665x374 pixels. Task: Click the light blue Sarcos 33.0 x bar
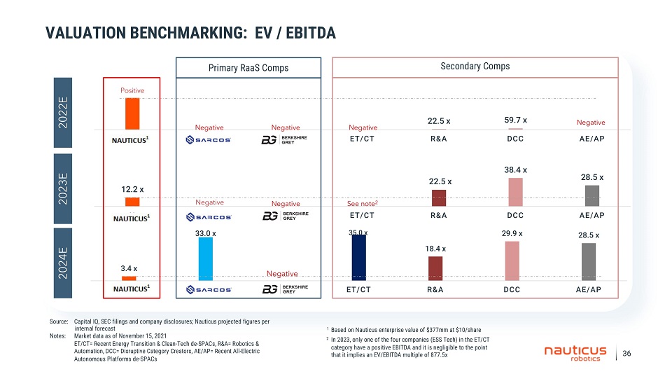click(205, 258)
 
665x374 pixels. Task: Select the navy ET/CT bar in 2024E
click(358, 257)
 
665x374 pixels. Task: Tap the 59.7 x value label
click(515, 120)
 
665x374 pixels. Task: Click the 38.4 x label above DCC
click(515, 169)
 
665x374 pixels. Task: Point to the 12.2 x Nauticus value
click(132, 189)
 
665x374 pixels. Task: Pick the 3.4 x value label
click(129, 268)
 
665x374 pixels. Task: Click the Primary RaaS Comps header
click(248, 68)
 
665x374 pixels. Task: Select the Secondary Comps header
click(475, 67)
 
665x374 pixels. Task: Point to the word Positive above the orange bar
click(132, 91)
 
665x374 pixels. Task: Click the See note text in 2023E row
click(363, 204)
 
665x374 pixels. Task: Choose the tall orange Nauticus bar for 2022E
click(132, 113)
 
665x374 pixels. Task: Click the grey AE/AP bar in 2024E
click(589, 261)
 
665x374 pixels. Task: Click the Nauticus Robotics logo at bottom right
click(575, 353)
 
